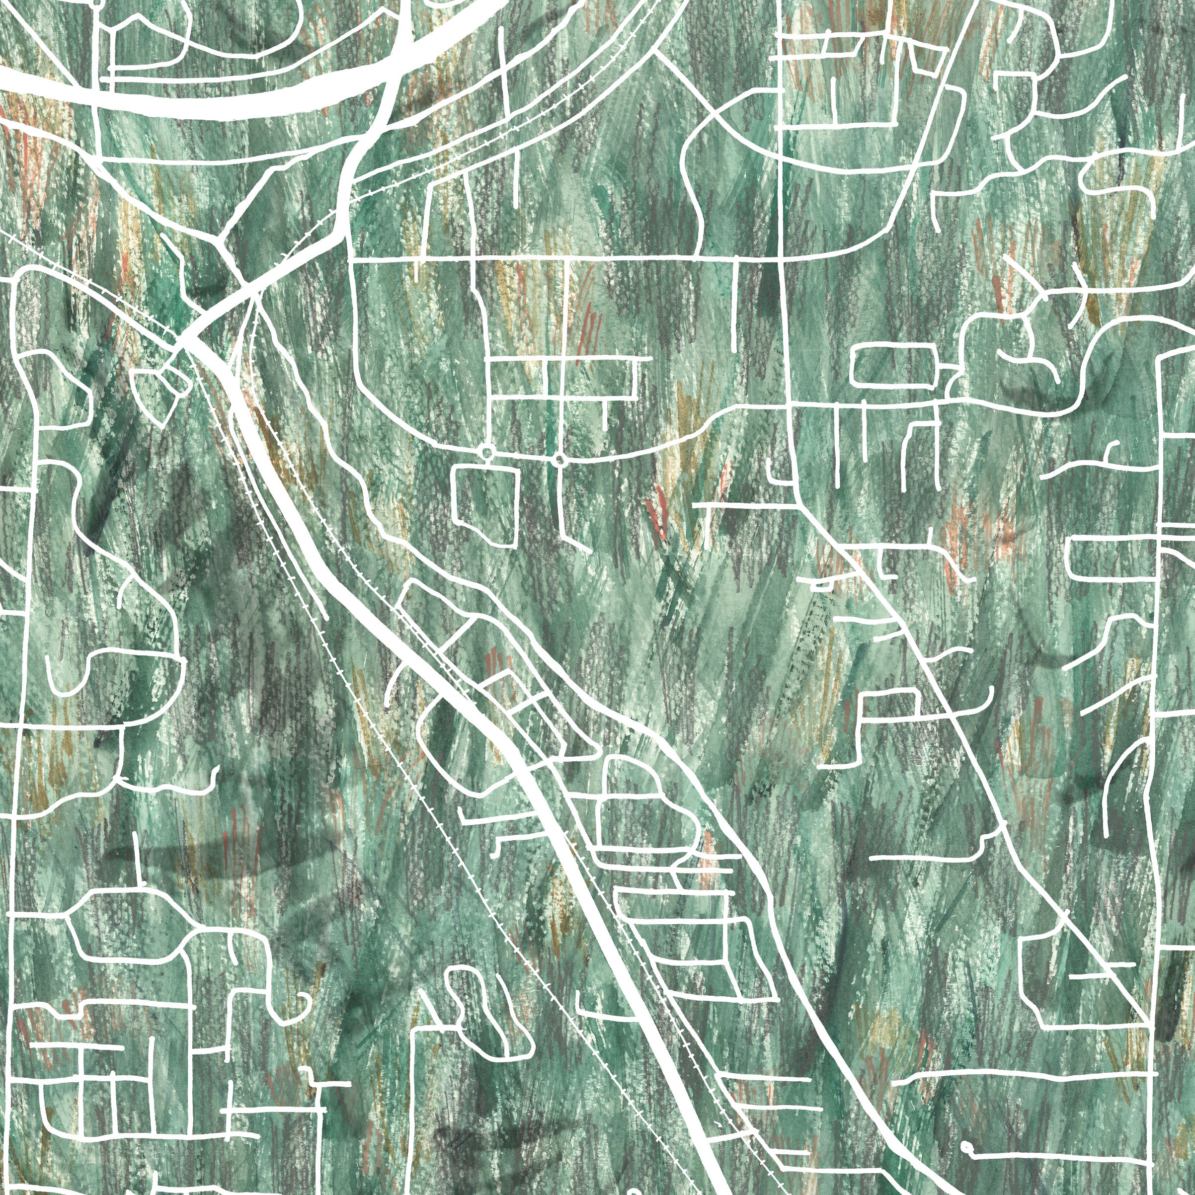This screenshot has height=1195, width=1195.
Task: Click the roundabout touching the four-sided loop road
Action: pos(487,453)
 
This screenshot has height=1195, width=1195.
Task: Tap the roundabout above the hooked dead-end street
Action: pos(560,460)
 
